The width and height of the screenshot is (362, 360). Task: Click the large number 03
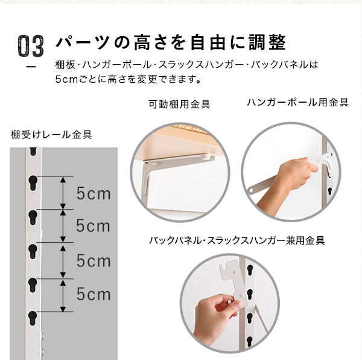click(x=31, y=46)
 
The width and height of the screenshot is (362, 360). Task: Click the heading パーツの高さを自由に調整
click(x=171, y=42)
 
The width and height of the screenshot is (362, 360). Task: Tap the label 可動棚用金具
click(x=179, y=104)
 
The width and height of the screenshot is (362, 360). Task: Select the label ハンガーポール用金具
click(x=297, y=102)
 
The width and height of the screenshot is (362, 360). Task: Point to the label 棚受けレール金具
click(x=51, y=135)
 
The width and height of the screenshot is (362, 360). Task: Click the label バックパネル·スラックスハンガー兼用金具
click(x=237, y=240)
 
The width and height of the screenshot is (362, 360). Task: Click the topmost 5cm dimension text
click(x=94, y=193)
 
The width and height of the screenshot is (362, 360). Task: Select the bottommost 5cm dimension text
click(x=94, y=294)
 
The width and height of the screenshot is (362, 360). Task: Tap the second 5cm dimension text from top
click(x=93, y=225)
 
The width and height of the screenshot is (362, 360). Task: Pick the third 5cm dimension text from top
click(x=94, y=261)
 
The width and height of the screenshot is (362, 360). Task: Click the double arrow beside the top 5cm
click(x=63, y=193)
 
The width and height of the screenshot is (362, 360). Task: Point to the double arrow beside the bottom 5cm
click(x=63, y=295)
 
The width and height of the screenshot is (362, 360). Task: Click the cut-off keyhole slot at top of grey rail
click(x=33, y=151)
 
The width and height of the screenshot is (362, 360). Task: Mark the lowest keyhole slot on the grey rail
click(x=33, y=318)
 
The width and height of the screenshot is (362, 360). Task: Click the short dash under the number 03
click(x=31, y=67)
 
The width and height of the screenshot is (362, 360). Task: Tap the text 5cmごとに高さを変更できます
click(x=128, y=79)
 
